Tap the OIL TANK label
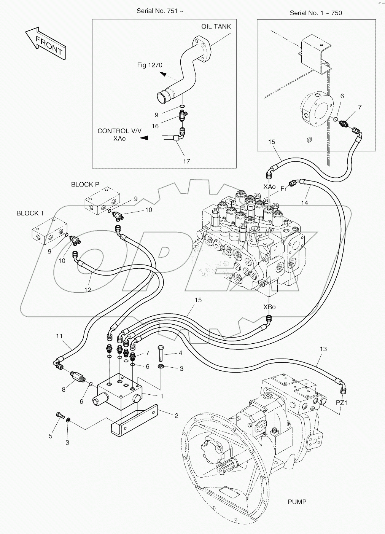(216, 26)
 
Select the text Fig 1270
(150, 65)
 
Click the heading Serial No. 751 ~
(160, 11)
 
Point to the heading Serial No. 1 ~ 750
(315, 13)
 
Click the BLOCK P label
(85, 184)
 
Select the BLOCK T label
(30, 213)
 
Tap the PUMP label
(297, 502)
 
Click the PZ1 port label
(342, 402)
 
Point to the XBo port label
(269, 307)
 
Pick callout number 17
(186, 161)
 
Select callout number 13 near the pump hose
(323, 349)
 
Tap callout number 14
(304, 203)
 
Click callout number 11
(59, 336)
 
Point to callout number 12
(88, 290)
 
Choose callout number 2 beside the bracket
(176, 416)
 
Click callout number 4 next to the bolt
(180, 353)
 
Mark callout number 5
(51, 436)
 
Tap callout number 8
(64, 389)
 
